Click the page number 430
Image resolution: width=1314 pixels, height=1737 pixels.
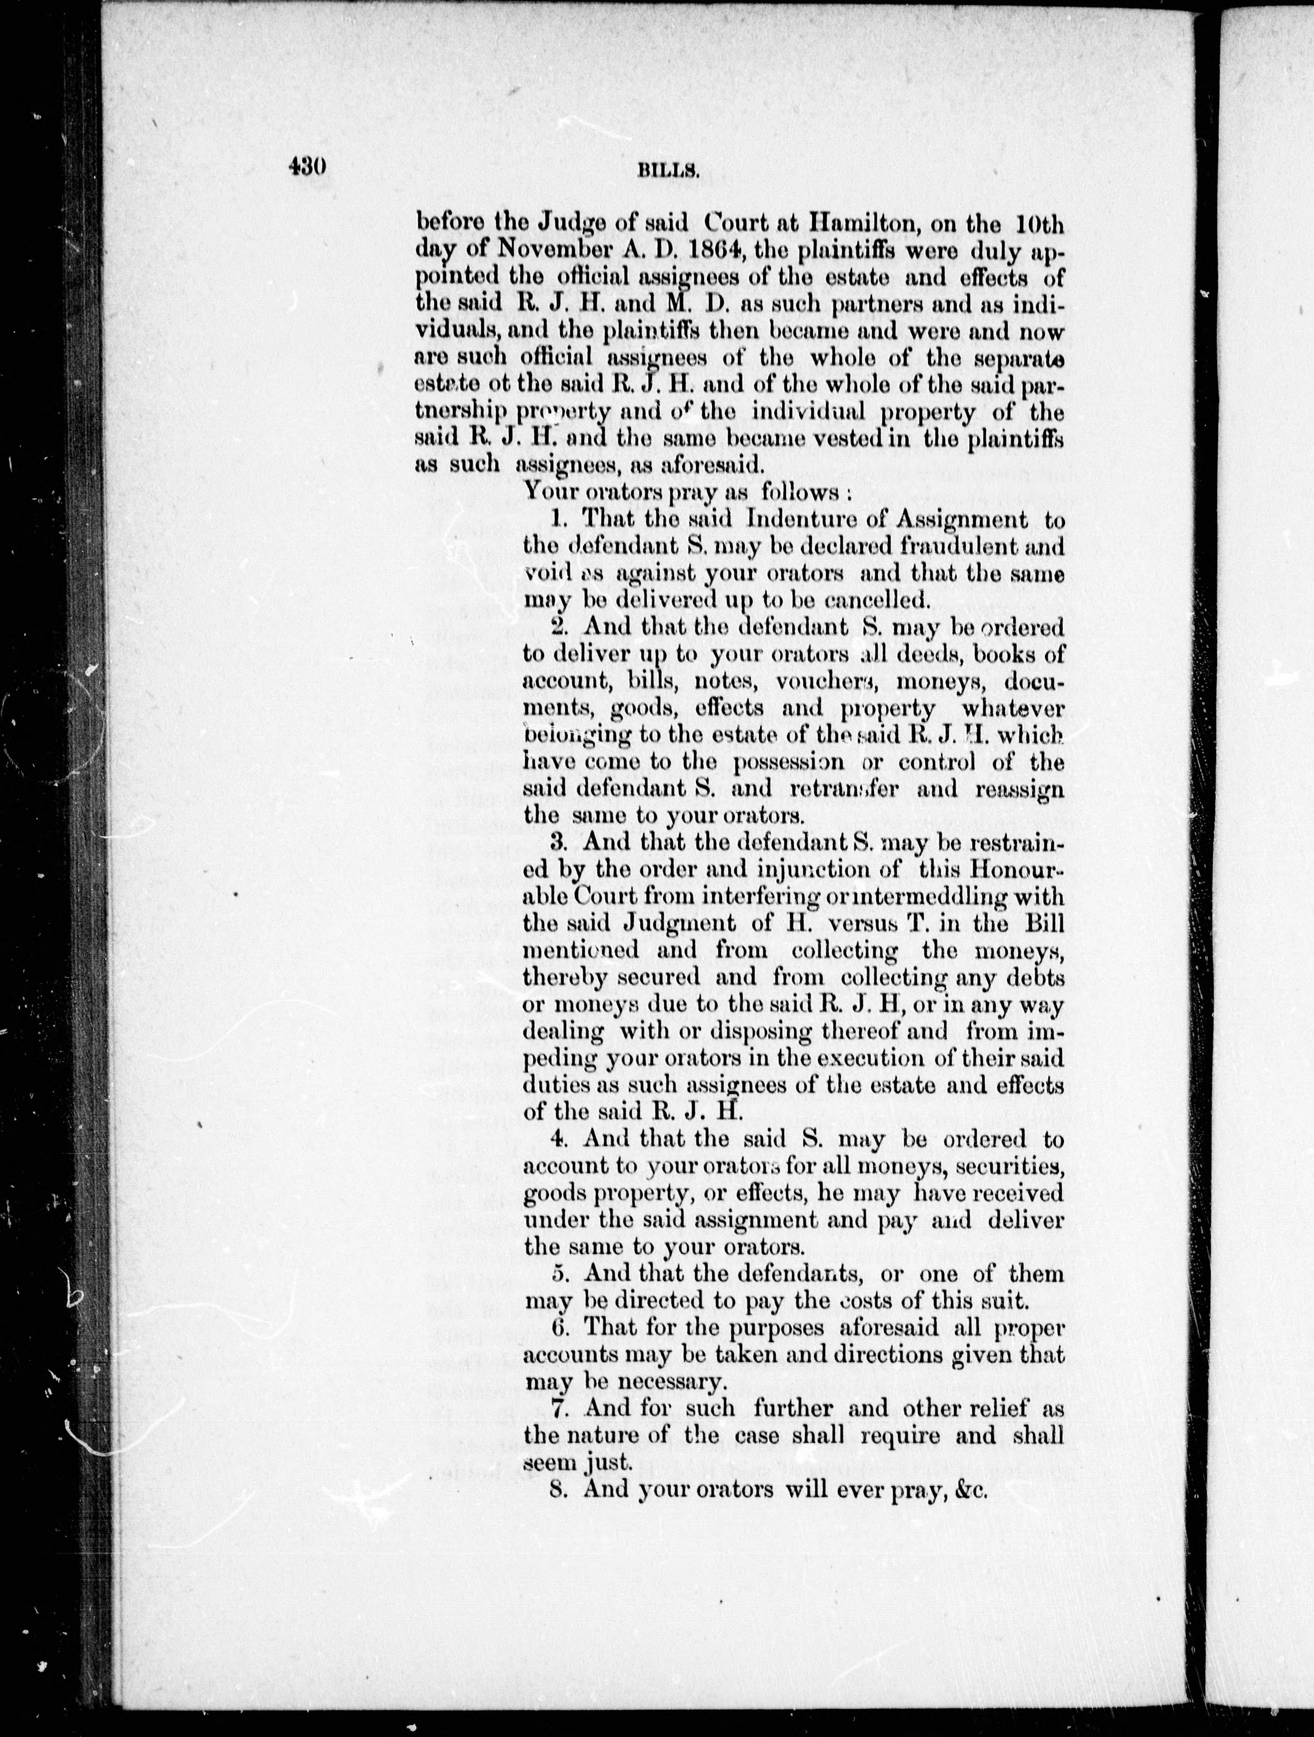click(307, 167)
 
